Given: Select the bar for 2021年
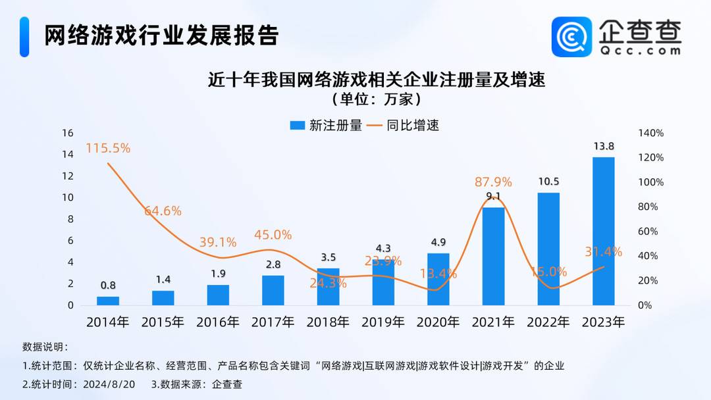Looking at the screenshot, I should click(x=493, y=257).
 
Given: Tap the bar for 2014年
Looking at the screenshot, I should click(x=108, y=301).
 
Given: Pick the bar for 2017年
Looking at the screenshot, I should click(x=273, y=290).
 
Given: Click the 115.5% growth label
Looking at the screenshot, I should click(x=108, y=148).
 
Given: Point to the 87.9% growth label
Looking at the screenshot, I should click(x=493, y=182).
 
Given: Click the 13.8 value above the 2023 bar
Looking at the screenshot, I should click(x=603, y=147).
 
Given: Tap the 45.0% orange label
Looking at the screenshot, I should click(x=273, y=235).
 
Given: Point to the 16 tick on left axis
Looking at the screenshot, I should click(x=67, y=133).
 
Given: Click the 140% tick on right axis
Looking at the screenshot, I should click(x=651, y=133).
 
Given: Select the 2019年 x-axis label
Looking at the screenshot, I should click(x=383, y=322).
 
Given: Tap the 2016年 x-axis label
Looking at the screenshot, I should click(x=218, y=322).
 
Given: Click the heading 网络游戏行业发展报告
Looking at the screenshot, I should click(x=161, y=36).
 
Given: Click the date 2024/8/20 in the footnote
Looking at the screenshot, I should click(x=110, y=384).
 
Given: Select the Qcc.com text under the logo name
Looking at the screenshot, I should click(x=639, y=49).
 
